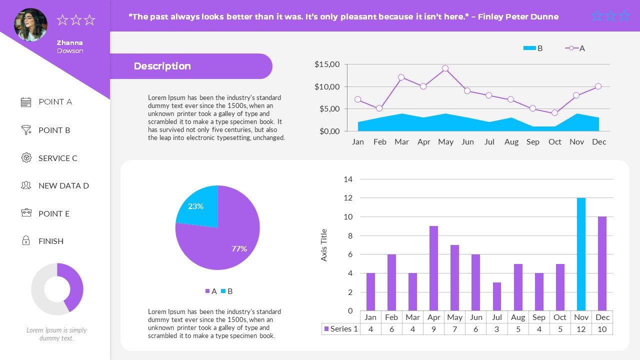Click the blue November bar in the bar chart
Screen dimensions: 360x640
click(581, 254)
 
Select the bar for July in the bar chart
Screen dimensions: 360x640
click(497, 296)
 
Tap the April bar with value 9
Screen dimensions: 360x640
click(433, 268)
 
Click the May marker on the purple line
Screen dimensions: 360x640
click(445, 68)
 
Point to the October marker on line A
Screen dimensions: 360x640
click(554, 113)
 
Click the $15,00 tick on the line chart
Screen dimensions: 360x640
click(327, 64)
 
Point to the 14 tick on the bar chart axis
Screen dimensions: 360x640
click(348, 179)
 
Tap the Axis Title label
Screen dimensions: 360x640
click(324, 245)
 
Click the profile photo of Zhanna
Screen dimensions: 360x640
click(31, 24)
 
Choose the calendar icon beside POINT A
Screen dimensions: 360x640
click(26, 102)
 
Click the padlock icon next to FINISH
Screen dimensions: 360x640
click(26, 241)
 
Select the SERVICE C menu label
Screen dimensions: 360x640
click(58, 158)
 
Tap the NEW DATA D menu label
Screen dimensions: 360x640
click(63, 185)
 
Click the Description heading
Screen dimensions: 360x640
click(162, 66)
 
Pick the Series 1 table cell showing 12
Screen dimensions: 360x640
click(581, 329)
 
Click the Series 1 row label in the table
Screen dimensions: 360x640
click(341, 329)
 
